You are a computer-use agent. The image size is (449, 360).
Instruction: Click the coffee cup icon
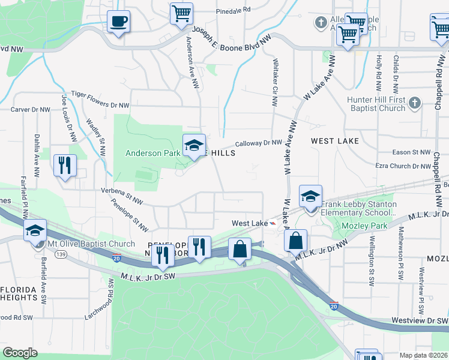coord(118,22)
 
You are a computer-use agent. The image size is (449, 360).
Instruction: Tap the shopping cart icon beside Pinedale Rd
coord(181,13)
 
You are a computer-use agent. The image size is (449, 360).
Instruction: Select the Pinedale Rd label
coord(233,11)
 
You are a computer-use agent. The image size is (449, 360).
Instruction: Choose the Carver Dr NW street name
coord(31,110)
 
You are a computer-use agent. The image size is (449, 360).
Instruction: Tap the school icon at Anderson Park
coord(194,146)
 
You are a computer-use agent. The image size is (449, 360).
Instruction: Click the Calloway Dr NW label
coord(258,143)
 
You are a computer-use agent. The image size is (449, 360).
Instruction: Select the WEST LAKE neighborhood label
coord(335,141)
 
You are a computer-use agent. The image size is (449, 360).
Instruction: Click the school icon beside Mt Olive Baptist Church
coord(35,230)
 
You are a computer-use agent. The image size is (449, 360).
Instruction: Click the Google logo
coord(20,352)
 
